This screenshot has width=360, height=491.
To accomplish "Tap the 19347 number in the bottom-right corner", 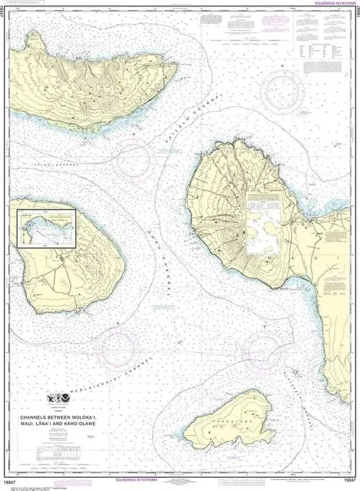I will tap(349, 480).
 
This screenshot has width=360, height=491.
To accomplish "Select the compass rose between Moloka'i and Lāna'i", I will tap(135, 160).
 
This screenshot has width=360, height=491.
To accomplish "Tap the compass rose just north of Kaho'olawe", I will tap(262, 351).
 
